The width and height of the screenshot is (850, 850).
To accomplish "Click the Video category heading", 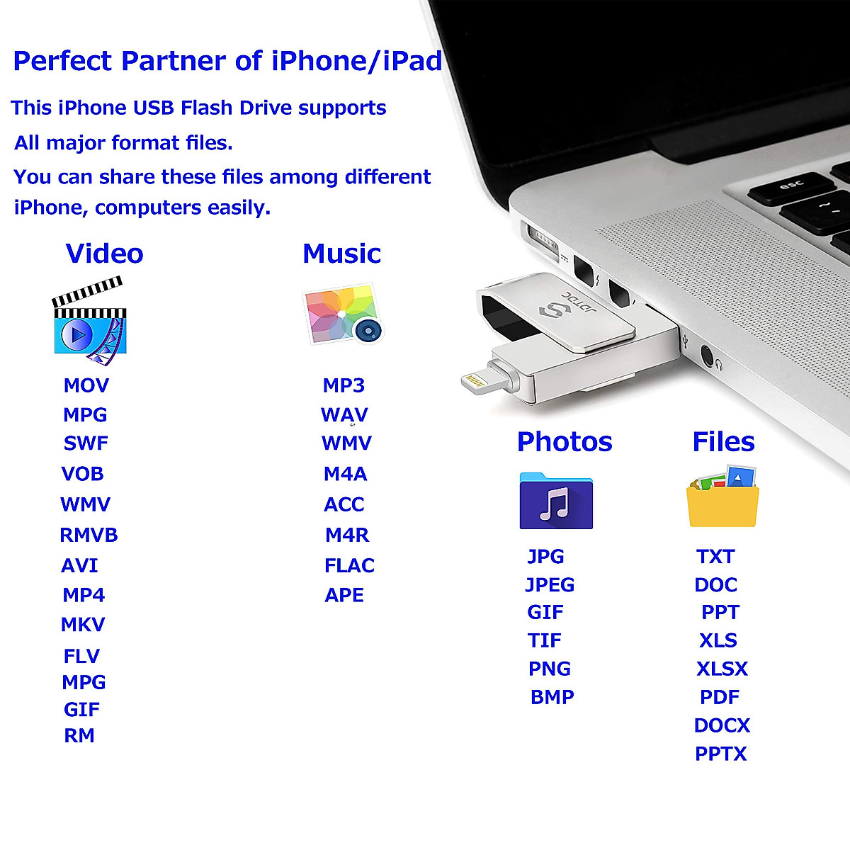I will pos(104,254).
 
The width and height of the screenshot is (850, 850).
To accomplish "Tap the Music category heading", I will pos(341,254).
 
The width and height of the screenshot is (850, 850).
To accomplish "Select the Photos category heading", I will pos(565,442).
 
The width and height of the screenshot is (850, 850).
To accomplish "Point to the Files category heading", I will pos(723,442).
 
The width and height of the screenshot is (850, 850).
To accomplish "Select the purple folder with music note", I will pos(556,501).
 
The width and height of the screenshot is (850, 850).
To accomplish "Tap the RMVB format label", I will pos(89,535).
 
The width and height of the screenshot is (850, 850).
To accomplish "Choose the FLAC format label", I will pos(349,565).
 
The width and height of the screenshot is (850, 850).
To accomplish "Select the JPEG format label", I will pos(550,584).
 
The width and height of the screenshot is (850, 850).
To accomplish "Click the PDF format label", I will pos(720,697).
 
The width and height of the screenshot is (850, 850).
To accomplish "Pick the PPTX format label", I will pos(721,754).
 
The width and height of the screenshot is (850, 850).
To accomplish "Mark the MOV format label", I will pos(86,385).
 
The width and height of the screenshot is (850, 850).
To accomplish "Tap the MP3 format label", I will pos(344,385).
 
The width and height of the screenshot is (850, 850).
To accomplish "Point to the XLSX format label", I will pos(722,669).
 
